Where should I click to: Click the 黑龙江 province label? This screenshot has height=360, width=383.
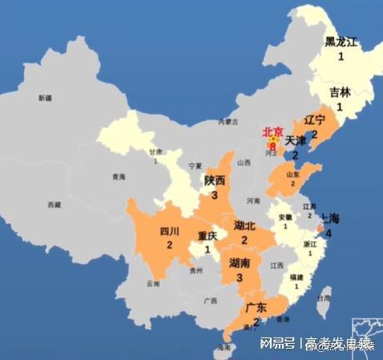342,42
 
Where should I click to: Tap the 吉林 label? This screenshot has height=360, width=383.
340,91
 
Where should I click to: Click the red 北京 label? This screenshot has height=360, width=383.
273,132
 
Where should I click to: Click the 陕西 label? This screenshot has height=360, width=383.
215,180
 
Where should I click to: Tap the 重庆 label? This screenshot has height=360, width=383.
208,236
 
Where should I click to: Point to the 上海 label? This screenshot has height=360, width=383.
330,218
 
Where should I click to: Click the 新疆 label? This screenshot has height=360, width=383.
45,98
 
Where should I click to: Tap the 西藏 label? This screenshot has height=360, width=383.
54,205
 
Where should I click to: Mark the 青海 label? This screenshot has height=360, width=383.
119,176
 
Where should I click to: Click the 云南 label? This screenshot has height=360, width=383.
153,284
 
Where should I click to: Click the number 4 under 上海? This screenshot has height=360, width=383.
329,233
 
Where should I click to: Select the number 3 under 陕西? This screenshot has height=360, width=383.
215,195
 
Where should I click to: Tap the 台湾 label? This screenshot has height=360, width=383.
325,298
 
